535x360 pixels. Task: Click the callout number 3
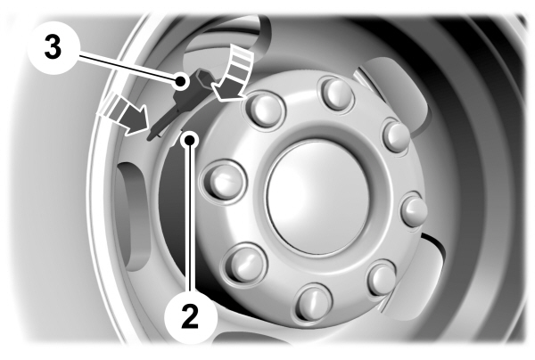pyautogui.click(x=53, y=47)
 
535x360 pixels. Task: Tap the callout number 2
pyautogui.click(x=190, y=316)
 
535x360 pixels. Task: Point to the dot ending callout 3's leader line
pyautogui.click(x=180, y=82)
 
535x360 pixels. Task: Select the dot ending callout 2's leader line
pyautogui.click(x=190, y=140)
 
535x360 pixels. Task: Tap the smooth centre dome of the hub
pyautogui.click(x=318, y=197)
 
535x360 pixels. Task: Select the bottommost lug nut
pyautogui.click(x=313, y=302)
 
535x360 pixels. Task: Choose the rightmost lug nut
pyautogui.click(x=415, y=209)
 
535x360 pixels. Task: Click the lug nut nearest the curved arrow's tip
pyautogui.click(x=264, y=109)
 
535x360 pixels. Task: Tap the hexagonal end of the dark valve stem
pyautogui.click(x=202, y=77)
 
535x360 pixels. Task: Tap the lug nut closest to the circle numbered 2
pyautogui.click(x=244, y=264)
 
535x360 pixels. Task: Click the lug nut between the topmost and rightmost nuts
pyautogui.click(x=396, y=135)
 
